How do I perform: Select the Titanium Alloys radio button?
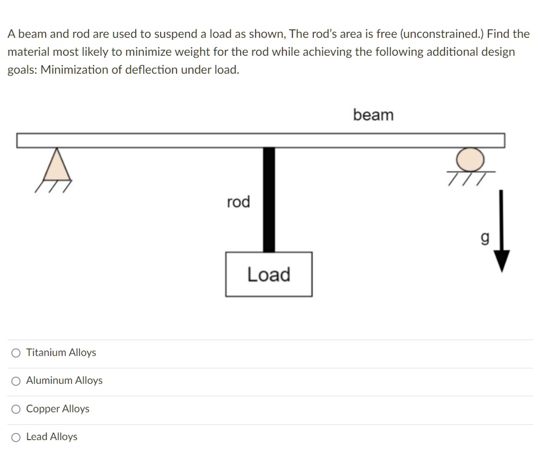click(16, 353)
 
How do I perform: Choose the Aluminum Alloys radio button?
click(16, 381)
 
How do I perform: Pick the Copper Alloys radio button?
click(16, 409)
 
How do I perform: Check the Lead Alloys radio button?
click(16, 437)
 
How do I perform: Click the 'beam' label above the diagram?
click(373, 115)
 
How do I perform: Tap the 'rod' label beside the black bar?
click(238, 202)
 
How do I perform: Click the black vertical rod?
click(269, 199)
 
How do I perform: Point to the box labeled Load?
click(268, 274)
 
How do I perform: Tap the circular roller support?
click(471, 158)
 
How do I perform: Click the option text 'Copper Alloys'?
click(58, 409)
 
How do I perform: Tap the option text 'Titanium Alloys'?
click(61, 353)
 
